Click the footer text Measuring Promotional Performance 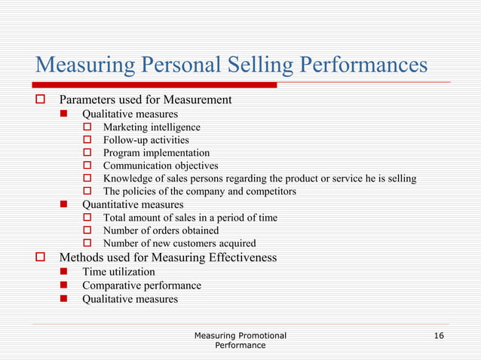point(240,339)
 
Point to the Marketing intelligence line point(152,127)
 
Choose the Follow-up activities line point(146,140)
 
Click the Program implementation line point(156,153)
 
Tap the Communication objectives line point(161,166)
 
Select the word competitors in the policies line point(270,191)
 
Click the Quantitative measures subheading point(133,204)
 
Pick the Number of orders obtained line point(161,230)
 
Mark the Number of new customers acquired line point(179,243)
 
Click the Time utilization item point(118,272)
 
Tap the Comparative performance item point(142,285)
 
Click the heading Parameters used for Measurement point(146,99)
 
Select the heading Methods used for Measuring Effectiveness point(168,258)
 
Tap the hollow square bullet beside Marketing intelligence point(86,127)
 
